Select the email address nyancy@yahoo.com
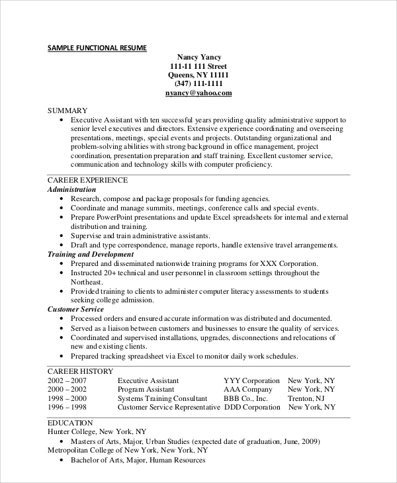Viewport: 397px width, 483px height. pyautogui.click(x=198, y=94)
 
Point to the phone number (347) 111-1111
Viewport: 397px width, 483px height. pyautogui.click(x=198, y=84)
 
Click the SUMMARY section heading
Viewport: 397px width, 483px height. pyautogui.click(x=67, y=109)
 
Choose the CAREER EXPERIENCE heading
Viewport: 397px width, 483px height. pyautogui.click(x=88, y=179)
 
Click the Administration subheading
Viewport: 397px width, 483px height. pyautogui.click(x=71, y=189)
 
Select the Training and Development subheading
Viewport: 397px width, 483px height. pyautogui.click(x=91, y=253)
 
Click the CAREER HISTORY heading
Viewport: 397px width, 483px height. pyautogui.click(x=80, y=371)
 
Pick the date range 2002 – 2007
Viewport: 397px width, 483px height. pyautogui.click(x=67, y=380)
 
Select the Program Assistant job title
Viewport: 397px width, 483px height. pyautogui.click(x=146, y=390)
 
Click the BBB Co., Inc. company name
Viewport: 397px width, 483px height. pyautogui.click(x=245, y=399)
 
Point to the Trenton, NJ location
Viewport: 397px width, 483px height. pyautogui.click(x=306, y=399)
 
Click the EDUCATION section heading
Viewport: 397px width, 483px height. pyautogui.click(x=70, y=422)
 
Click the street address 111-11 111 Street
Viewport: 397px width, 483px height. pyautogui.click(x=198, y=66)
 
